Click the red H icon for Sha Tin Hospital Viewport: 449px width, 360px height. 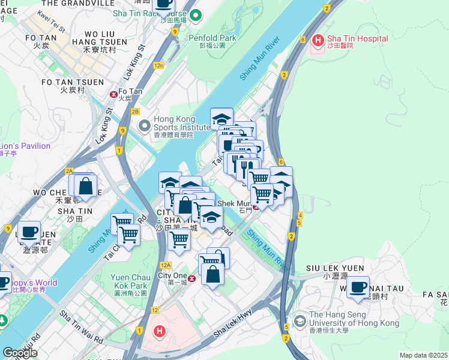(x=318, y=40)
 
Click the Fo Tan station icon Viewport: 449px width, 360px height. (x=113, y=94)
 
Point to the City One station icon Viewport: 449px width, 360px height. (x=192, y=278)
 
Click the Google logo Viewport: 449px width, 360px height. (x=19, y=353)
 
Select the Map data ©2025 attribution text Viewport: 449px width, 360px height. (x=424, y=355)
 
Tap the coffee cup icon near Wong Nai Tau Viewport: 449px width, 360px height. (x=358, y=287)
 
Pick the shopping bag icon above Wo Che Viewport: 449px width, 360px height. (x=85, y=187)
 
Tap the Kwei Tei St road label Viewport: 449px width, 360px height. (x=50, y=23)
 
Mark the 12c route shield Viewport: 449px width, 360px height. (x=158, y=65)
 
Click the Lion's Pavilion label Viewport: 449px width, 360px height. (x=25, y=146)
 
